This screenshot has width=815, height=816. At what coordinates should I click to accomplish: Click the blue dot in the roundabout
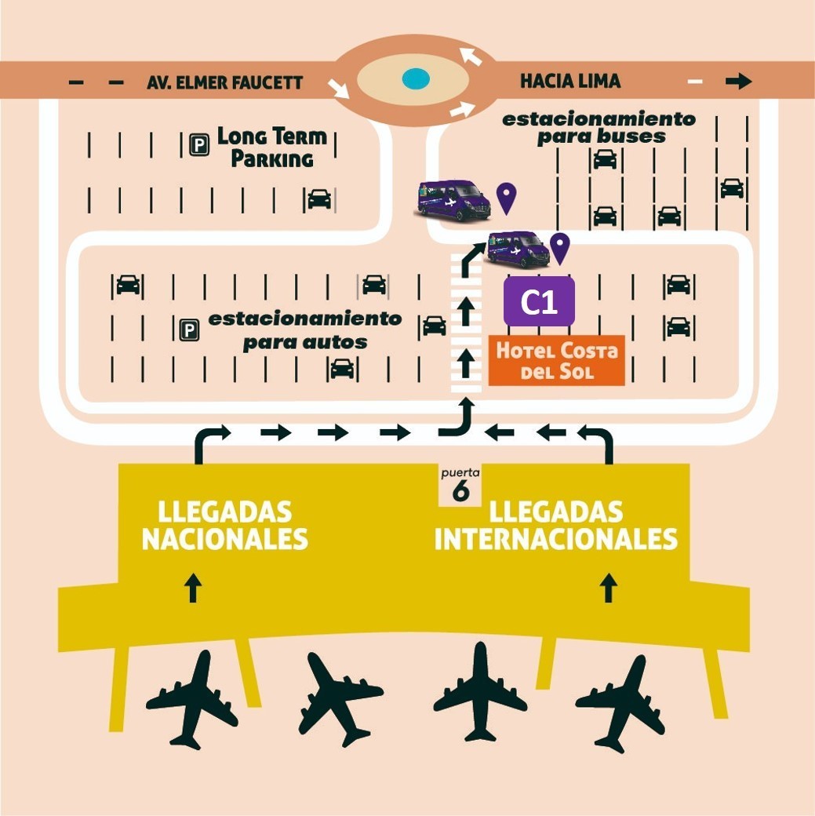(415, 78)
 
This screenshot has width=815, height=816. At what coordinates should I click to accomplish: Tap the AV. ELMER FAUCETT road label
(224, 82)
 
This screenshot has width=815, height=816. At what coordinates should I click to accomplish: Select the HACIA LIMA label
(570, 81)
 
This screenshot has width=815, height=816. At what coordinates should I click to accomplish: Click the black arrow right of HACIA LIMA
(739, 81)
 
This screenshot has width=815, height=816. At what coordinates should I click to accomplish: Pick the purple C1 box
(539, 301)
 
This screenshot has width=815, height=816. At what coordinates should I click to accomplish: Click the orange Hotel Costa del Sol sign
(556, 361)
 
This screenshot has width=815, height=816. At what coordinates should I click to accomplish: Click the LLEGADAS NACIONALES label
(224, 526)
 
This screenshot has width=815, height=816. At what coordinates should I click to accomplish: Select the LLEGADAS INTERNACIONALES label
(556, 526)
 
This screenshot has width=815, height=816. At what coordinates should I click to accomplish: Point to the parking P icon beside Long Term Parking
(199, 144)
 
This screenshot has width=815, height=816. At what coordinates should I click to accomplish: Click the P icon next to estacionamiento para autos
(189, 330)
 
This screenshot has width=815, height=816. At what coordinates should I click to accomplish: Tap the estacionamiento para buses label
(599, 127)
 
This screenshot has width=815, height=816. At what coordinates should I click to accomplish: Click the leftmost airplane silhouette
(193, 699)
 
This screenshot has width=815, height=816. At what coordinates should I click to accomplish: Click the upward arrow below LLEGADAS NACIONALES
(194, 588)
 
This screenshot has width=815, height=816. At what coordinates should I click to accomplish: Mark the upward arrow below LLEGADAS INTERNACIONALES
(609, 588)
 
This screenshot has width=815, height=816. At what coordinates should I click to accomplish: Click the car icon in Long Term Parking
(319, 199)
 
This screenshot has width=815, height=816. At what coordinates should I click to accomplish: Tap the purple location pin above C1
(559, 248)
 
